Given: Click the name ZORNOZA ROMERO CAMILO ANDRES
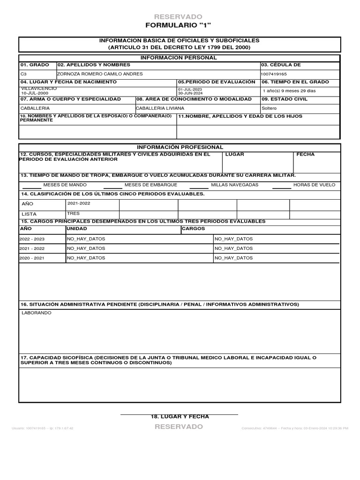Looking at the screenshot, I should (x=99, y=74).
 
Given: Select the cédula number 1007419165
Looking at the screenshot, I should (x=274, y=74).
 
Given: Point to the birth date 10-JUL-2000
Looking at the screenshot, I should (x=31, y=93).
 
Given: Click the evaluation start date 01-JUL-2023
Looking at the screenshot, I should (x=190, y=89).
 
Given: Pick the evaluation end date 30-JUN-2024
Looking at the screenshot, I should (x=190, y=93).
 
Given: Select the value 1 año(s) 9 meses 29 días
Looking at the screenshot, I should (x=289, y=91).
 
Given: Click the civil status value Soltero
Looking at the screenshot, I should (x=269, y=108).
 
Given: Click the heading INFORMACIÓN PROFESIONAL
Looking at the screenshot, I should (x=180, y=147).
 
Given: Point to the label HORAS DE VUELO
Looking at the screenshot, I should (x=314, y=185).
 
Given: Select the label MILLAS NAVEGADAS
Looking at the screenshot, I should (x=234, y=185).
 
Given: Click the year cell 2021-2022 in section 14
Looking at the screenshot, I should (x=79, y=203).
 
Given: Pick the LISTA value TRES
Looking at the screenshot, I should (x=74, y=214).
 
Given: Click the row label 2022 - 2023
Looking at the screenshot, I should (x=32, y=239).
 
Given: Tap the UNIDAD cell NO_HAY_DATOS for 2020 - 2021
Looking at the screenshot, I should (x=86, y=258).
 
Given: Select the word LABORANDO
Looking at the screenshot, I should (x=37, y=313).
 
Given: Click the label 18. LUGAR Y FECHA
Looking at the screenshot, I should (x=180, y=417).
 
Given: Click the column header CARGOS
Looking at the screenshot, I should (x=193, y=229).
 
